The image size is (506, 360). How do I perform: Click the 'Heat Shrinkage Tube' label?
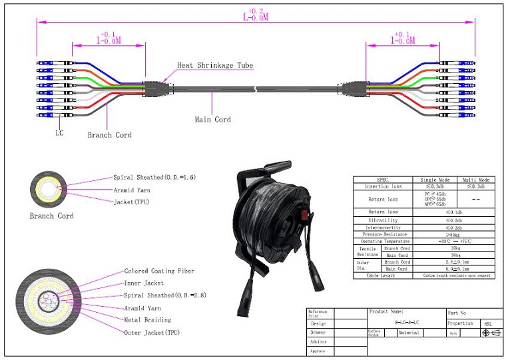coord(214,65)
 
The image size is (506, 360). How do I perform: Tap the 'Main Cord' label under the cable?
coord(212,120)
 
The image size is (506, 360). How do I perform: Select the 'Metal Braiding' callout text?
coord(147,320)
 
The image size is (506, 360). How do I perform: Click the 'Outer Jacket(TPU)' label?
coord(152,332)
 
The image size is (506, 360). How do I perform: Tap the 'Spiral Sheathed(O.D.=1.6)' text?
coord(154,178)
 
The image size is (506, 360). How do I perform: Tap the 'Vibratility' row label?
coord(383,220)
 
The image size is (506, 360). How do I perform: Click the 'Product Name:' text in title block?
coord(387,311)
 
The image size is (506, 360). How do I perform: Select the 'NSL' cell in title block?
coord(487,323)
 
